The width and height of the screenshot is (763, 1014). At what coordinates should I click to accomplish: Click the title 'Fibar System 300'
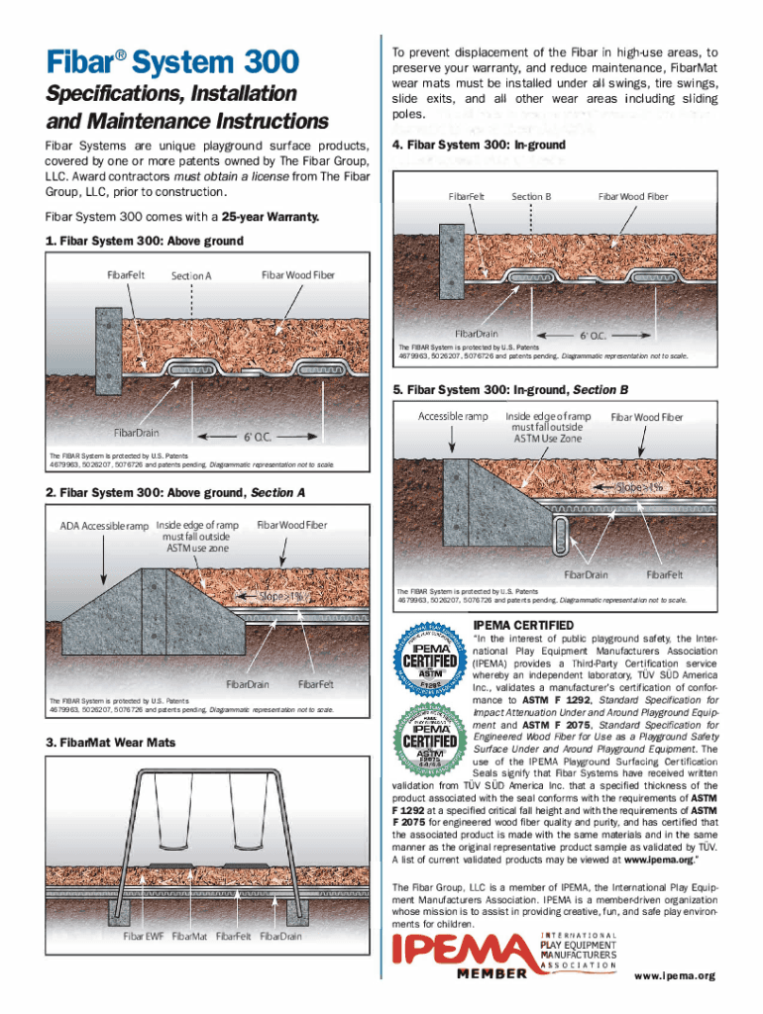[x=170, y=62]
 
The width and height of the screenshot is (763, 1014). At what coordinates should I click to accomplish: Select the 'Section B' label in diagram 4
[x=531, y=196]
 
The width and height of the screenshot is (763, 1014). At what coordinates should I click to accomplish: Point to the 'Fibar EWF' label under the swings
[x=143, y=935]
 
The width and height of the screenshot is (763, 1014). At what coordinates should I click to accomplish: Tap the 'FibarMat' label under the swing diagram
[x=189, y=935]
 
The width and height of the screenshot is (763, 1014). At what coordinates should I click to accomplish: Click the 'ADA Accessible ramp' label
[x=104, y=525]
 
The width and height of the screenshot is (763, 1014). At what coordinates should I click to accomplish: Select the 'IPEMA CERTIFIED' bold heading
[x=522, y=625]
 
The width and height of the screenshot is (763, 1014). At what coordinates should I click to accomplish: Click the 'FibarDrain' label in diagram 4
[x=477, y=334]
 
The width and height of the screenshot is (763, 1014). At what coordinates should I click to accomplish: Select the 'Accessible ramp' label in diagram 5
[x=452, y=417]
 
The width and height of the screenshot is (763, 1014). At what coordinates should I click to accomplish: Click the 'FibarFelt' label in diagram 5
[x=664, y=574]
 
